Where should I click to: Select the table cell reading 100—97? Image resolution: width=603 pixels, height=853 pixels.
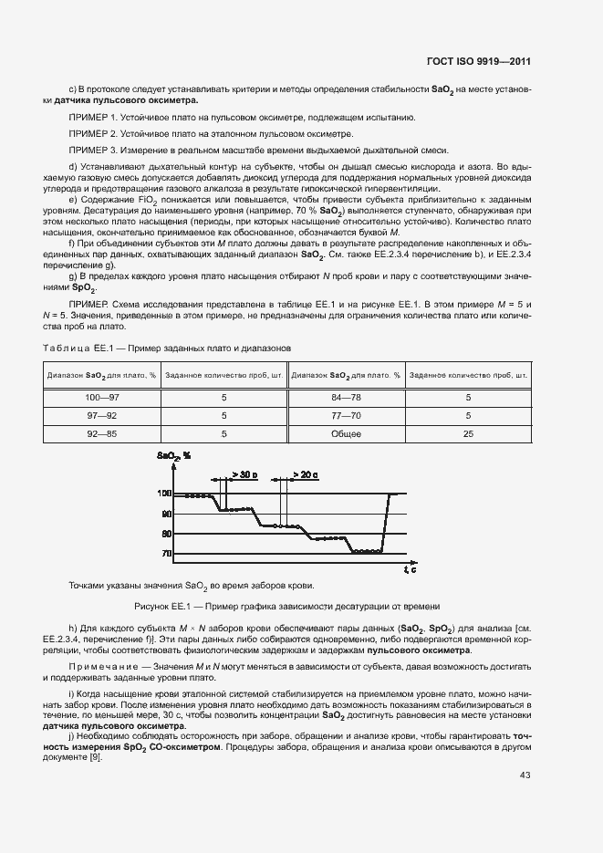click(102, 398)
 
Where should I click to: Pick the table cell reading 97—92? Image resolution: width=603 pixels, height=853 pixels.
click(102, 416)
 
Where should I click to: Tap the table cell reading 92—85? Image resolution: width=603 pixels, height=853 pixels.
click(102, 434)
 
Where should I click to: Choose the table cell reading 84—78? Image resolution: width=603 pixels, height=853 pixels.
click(347, 398)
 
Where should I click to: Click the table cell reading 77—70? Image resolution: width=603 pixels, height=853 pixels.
click(347, 416)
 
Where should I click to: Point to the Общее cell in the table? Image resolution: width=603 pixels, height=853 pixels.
click(347, 434)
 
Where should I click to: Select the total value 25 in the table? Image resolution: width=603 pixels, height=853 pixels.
click(468, 434)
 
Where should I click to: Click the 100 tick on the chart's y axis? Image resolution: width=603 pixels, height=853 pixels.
click(165, 494)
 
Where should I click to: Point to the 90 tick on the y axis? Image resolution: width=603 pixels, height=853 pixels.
click(167, 514)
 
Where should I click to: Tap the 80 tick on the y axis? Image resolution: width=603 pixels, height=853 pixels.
click(167, 534)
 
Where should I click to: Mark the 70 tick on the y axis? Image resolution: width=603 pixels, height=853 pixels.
click(167, 554)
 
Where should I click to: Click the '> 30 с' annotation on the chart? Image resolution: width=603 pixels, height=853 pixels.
click(244, 475)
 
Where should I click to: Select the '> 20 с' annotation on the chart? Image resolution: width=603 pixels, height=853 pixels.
click(306, 475)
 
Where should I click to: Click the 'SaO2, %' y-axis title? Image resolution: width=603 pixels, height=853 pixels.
click(173, 454)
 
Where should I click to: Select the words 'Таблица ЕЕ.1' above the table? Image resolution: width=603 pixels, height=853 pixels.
click(78, 348)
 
